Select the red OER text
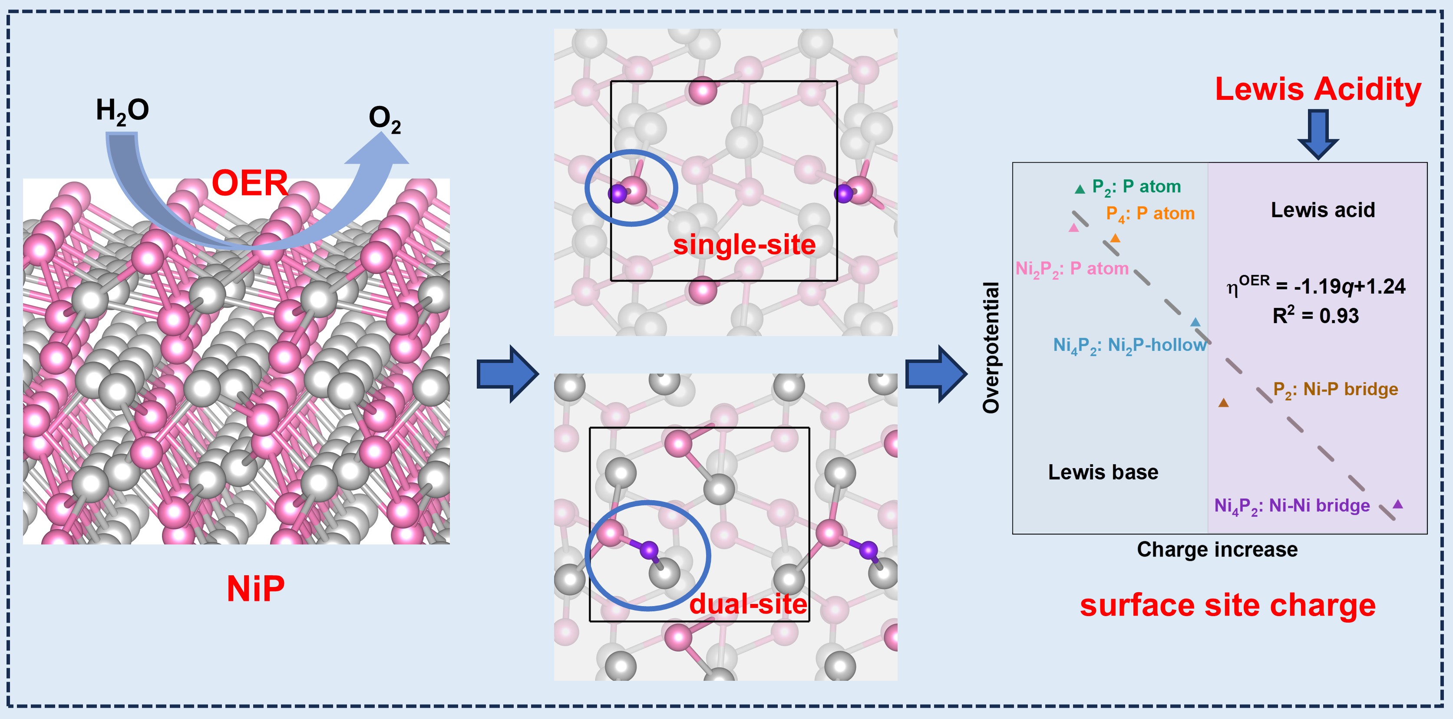click(x=249, y=183)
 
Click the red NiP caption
click(x=255, y=589)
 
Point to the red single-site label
click(x=744, y=245)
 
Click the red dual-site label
click(x=748, y=604)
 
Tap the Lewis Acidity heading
click(x=1318, y=89)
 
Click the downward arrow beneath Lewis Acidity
click(x=1318, y=134)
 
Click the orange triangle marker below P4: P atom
click(x=1115, y=238)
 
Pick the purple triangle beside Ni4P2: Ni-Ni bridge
click(x=1398, y=504)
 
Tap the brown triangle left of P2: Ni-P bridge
click(x=1223, y=402)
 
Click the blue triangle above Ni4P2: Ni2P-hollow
click(x=1195, y=323)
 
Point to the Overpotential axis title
click(x=991, y=348)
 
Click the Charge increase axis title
click(x=1217, y=549)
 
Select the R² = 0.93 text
click(x=1315, y=315)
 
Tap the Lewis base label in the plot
click(x=1103, y=472)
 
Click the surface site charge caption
click(x=1227, y=605)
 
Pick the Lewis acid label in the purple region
click(x=1323, y=210)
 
